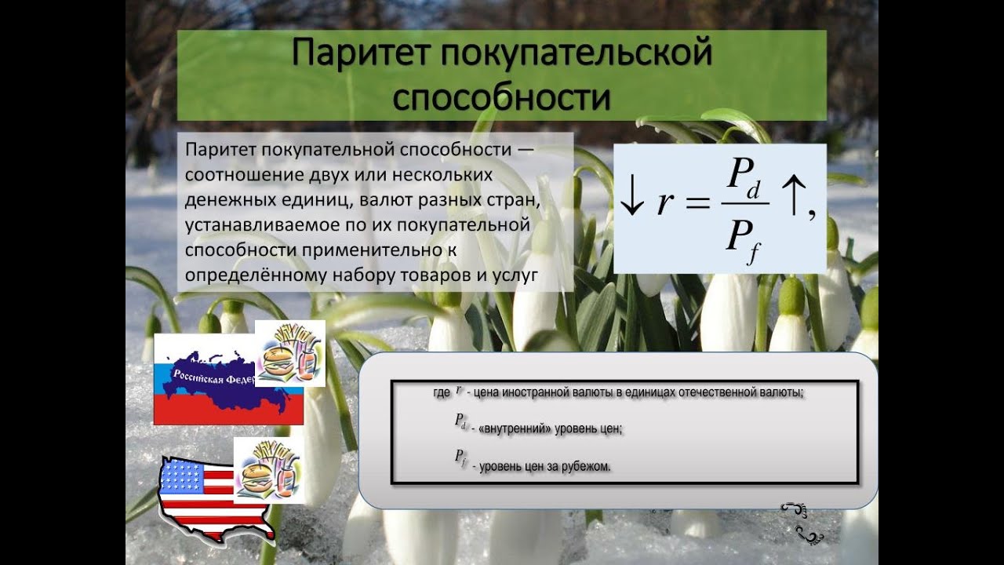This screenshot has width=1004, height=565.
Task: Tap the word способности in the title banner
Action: [x=501, y=97]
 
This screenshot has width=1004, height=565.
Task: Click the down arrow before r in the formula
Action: [x=631, y=202]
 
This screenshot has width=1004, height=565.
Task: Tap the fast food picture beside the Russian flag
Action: [x=290, y=353]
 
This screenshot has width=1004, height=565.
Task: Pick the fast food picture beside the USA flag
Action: [x=268, y=469]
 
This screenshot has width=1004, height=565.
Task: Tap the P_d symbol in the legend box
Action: [x=461, y=421]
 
